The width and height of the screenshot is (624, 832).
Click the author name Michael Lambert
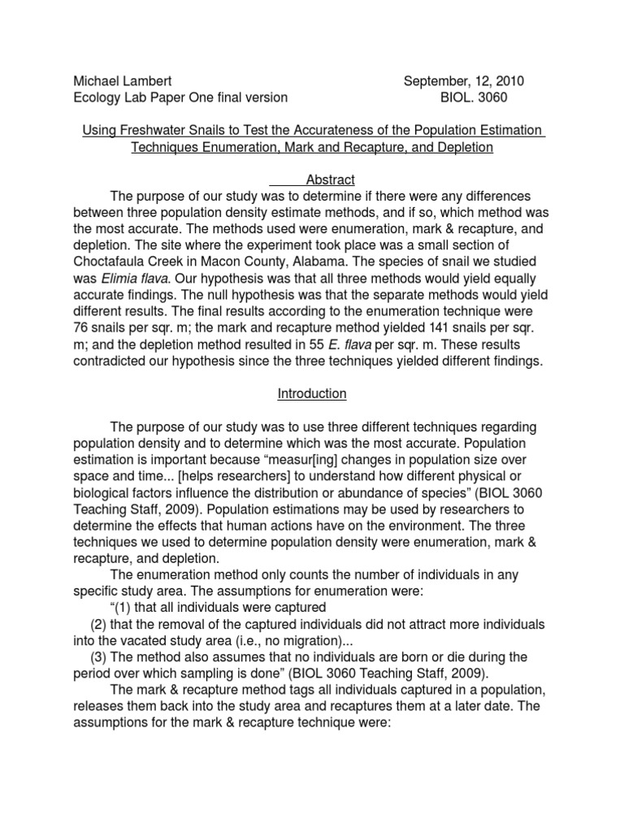tap(122, 81)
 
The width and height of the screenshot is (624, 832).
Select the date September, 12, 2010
tap(464, 81)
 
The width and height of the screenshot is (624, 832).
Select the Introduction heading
tap(312, 394)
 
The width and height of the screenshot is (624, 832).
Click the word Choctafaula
tap(110, 263)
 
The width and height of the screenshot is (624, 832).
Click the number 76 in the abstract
tap(82, 329)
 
